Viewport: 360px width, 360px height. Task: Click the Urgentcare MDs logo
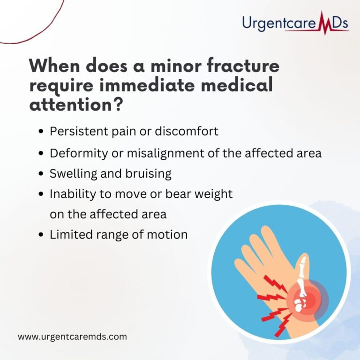click(296, 22)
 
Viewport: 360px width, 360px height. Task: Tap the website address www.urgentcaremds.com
click(72, 336)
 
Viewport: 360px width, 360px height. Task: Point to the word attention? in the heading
click(76, 105)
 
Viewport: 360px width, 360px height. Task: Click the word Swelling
click(70, 173)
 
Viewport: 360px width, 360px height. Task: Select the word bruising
click(149, 174)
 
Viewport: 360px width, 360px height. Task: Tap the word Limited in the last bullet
click(70, 234)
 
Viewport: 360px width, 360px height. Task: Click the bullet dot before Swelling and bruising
click(43, 174)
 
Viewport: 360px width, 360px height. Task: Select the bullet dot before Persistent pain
click(43, 132)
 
